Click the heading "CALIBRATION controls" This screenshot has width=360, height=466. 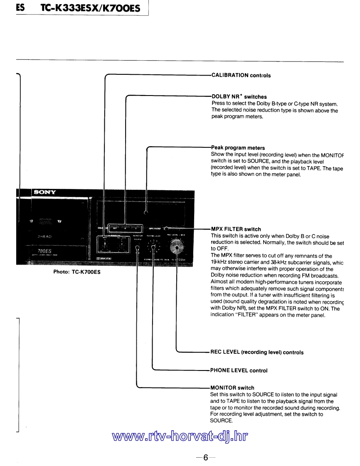coord(241,76)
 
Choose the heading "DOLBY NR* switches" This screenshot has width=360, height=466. coord(239,97)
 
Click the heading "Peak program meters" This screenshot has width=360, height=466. coord(238,148)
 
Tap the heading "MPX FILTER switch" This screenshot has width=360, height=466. coord(236,229)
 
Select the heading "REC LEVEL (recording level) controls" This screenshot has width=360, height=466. coord(257,352)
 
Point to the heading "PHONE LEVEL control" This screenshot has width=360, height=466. coord(239,370)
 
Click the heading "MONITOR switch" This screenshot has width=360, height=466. coord(233,388)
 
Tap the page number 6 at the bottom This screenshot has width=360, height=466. coord(205,458)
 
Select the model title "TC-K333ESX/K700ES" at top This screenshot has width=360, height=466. coord(90,8)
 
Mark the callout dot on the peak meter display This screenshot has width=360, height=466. coord(145,213)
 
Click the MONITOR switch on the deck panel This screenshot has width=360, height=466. coord(138,249)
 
